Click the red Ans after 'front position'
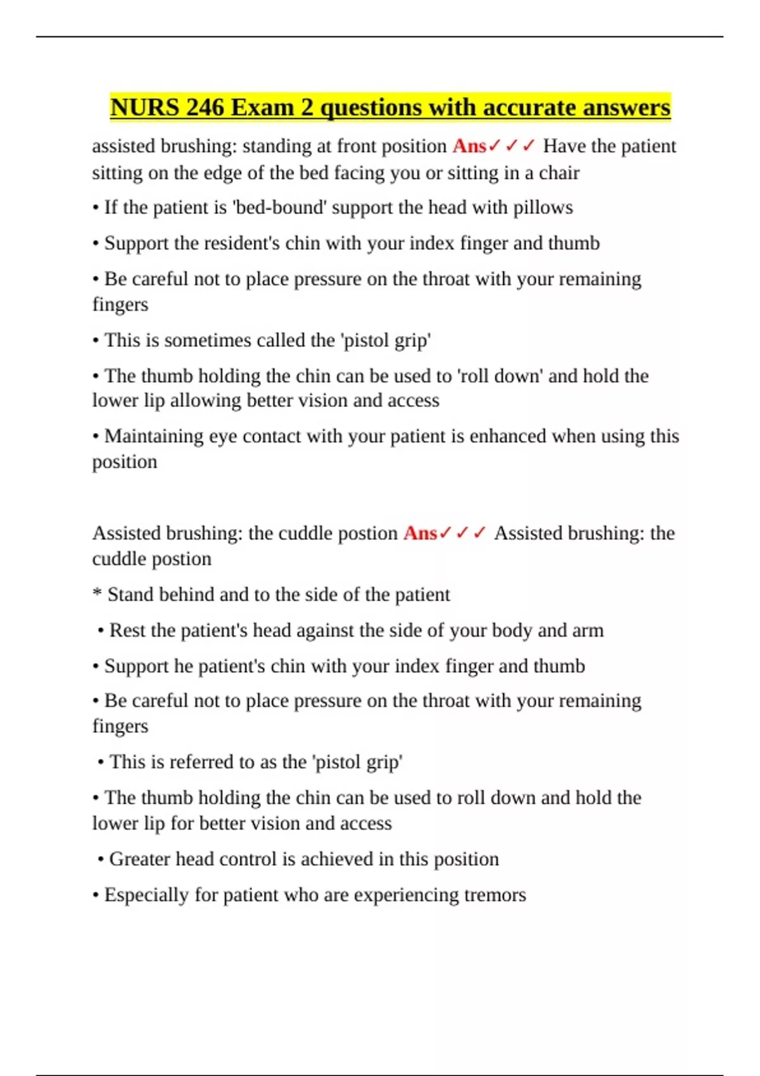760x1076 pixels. click(x=469, y=146)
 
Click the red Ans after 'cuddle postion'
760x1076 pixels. click(x=420, y=534)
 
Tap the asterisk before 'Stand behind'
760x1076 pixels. click(x=97, y=594)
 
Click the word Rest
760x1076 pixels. click(x=127, y=630)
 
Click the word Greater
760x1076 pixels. click(x=139, y=860)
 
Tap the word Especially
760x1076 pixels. click(x=146, y=896)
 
